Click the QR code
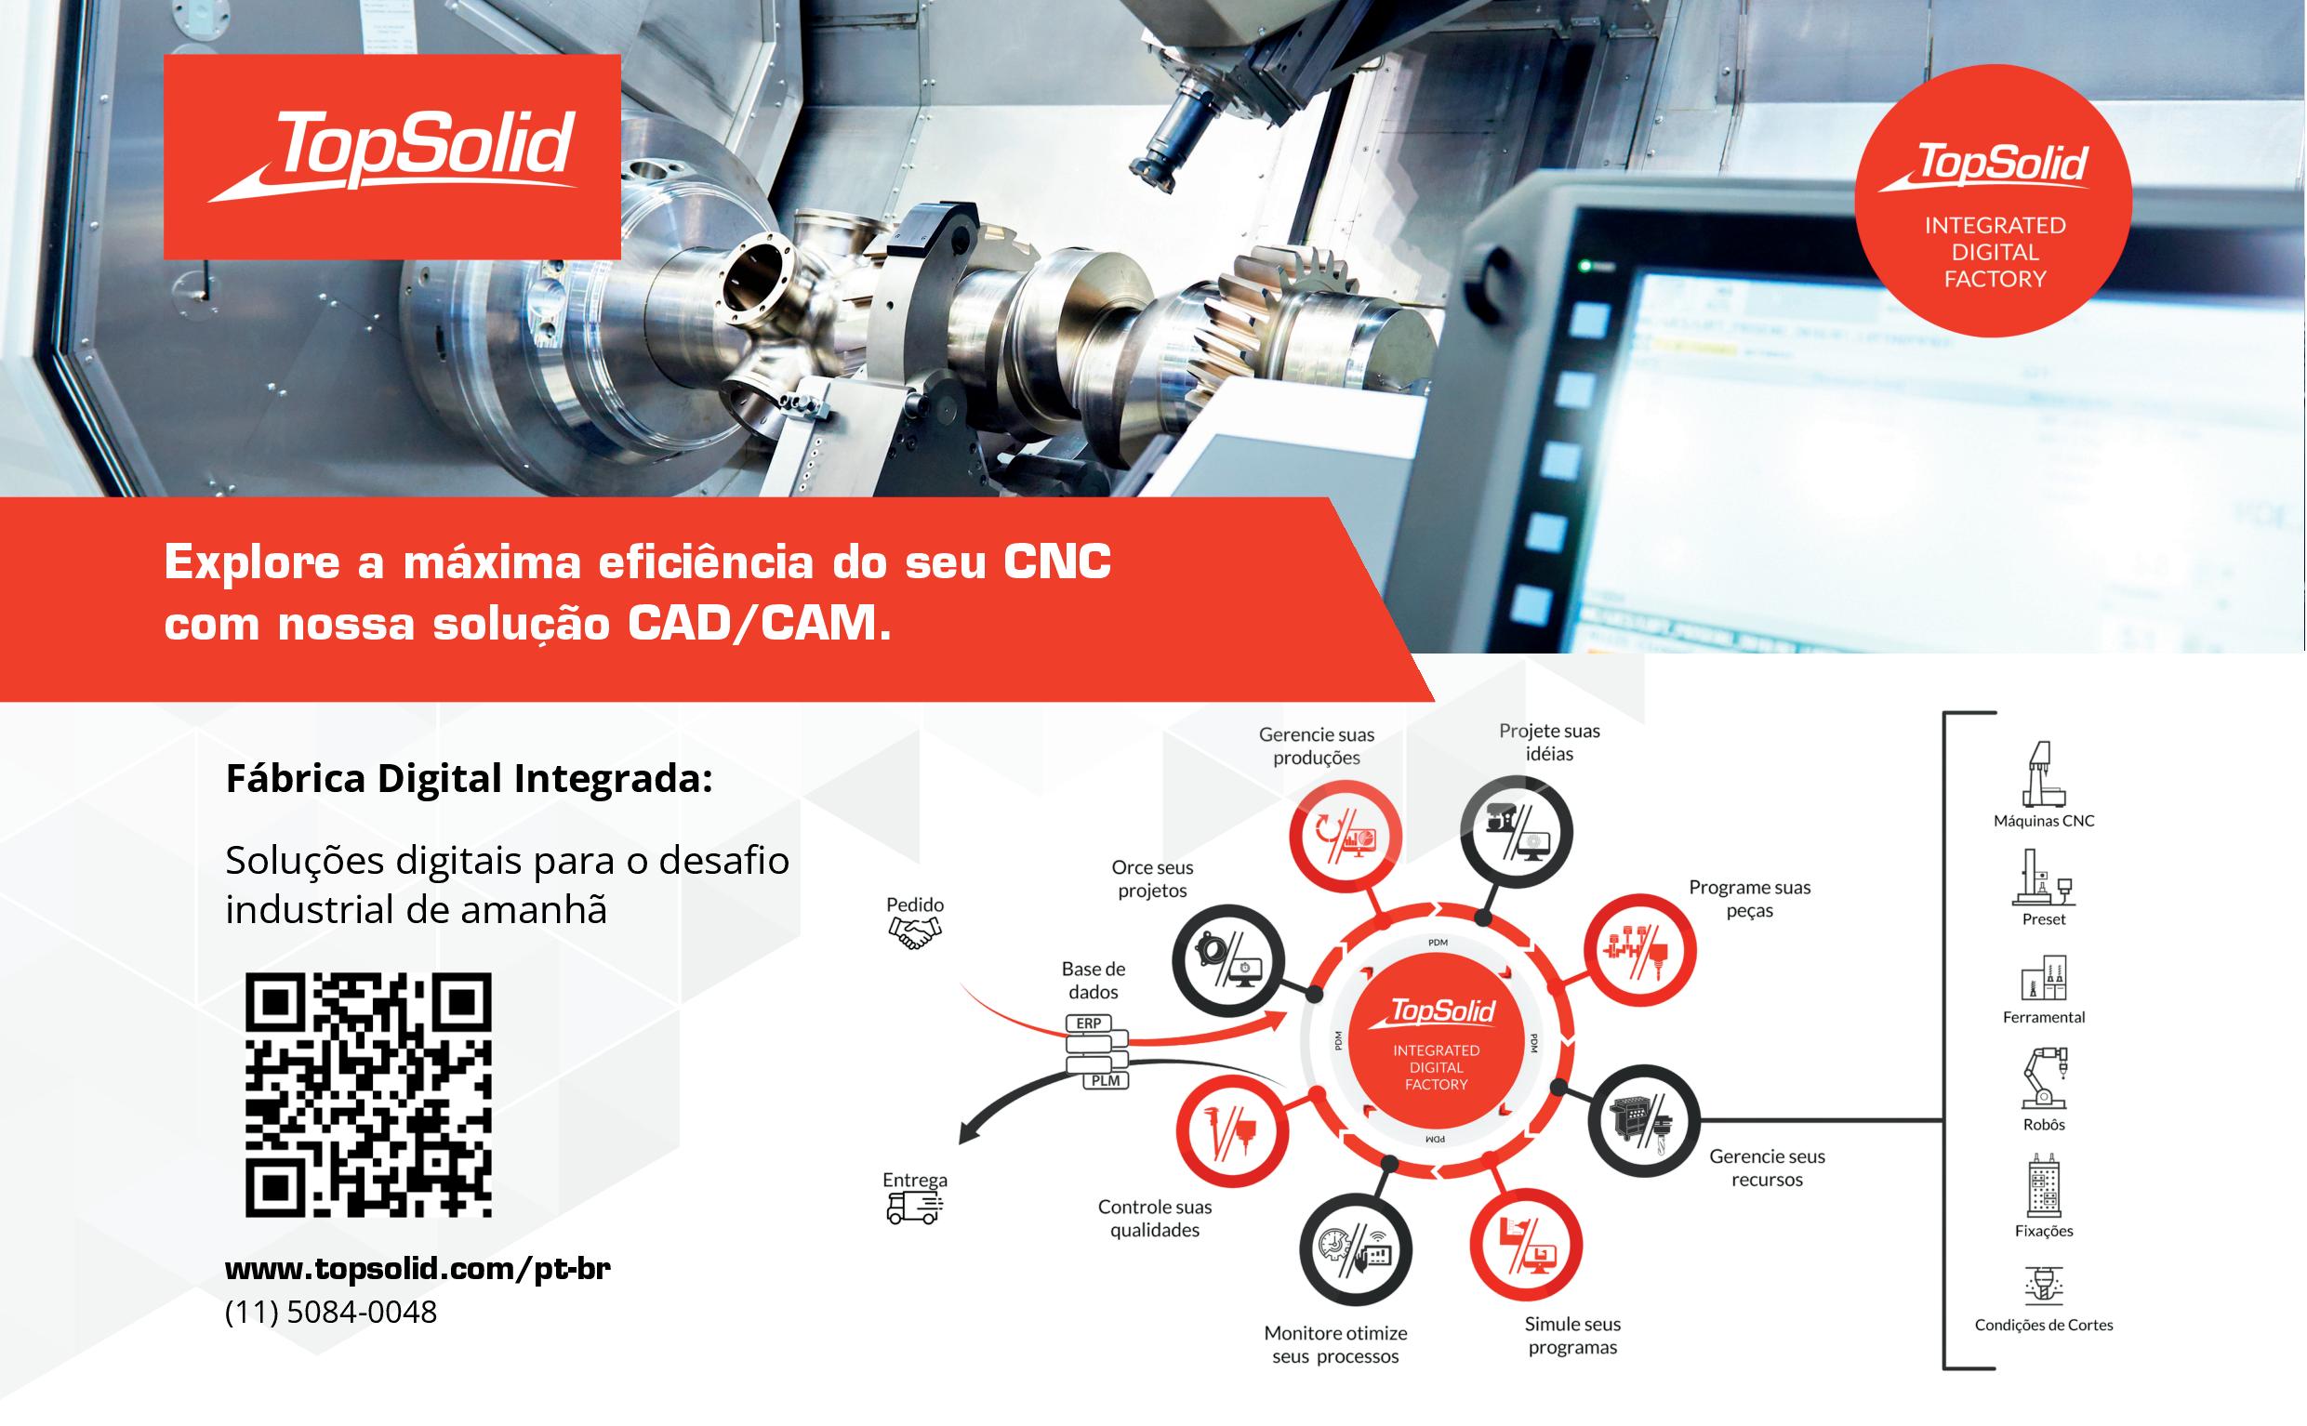369,1095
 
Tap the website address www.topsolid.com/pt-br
418,1268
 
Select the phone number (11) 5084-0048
331,1312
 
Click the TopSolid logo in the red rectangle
391,156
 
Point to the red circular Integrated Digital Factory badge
1993,200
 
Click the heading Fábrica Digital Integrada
469,778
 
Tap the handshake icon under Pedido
915,933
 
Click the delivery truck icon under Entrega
915,1208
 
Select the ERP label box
1089,1023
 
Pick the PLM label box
1105,1081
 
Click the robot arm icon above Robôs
2044,1077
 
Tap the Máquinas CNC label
2044,821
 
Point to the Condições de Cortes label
2044,1324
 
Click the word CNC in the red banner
1057,562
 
